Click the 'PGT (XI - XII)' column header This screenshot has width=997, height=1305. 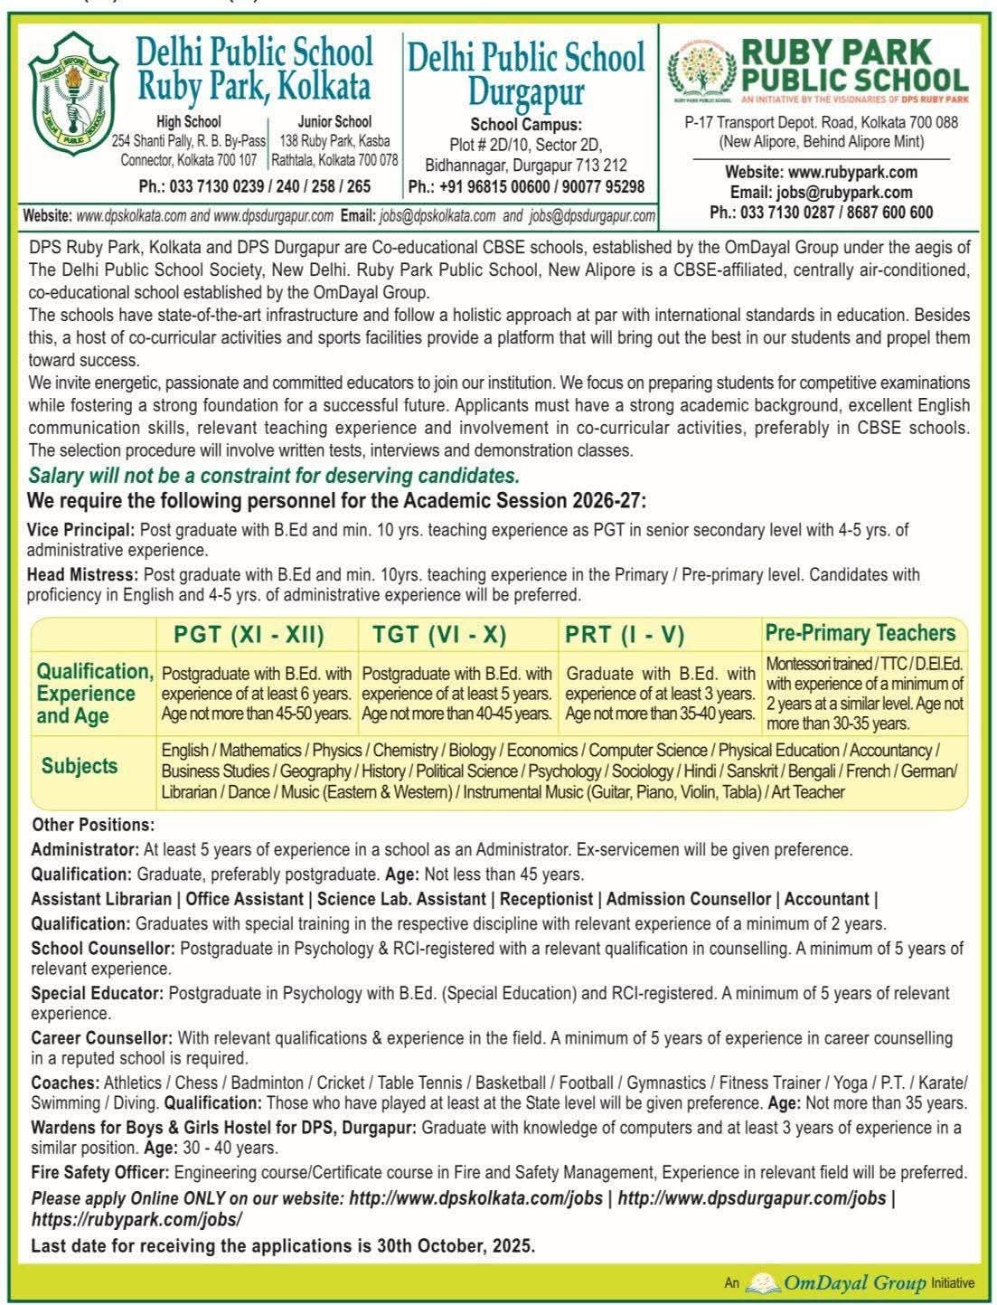coord(249,634)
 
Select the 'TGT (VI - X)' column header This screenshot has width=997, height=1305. coord(438,634)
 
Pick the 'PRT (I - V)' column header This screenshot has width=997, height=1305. coord(625,634)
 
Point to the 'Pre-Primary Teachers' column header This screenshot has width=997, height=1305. coord(860,632)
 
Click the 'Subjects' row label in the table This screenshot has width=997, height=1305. coord(80,766)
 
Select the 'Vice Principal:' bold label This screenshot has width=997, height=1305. coord(81,530)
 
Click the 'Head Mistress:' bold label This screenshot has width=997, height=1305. coord(83,574)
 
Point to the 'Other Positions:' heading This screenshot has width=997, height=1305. coord(93,825)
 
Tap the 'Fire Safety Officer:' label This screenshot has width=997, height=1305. coord(100,1172)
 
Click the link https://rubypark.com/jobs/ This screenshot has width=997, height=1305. coord(136,1219)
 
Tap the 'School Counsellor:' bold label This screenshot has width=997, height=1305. coord(103,949)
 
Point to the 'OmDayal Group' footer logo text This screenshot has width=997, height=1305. coord(854,1282)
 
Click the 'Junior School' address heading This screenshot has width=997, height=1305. coord(334,121)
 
